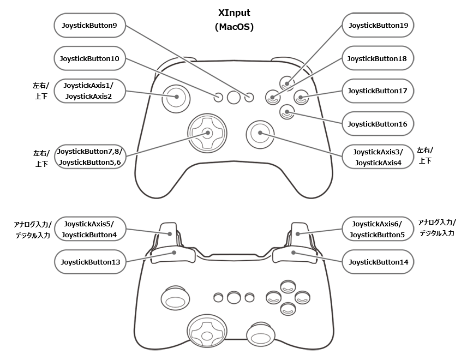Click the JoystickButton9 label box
90,25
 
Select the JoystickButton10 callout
90,58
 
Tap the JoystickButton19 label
378,25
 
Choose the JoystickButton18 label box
378,58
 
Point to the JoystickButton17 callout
378,91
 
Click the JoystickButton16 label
378,124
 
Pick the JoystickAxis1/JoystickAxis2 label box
90,91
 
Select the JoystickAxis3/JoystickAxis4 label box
378,157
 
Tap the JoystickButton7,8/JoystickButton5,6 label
90,157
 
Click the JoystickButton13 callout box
90,262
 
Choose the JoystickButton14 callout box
378,262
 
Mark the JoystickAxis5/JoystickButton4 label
90,229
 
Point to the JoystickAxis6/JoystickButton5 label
378,229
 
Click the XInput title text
234,13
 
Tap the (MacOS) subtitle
234,26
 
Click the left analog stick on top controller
176,98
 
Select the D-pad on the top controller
207,132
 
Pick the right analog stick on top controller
260,132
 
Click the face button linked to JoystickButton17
301,98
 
